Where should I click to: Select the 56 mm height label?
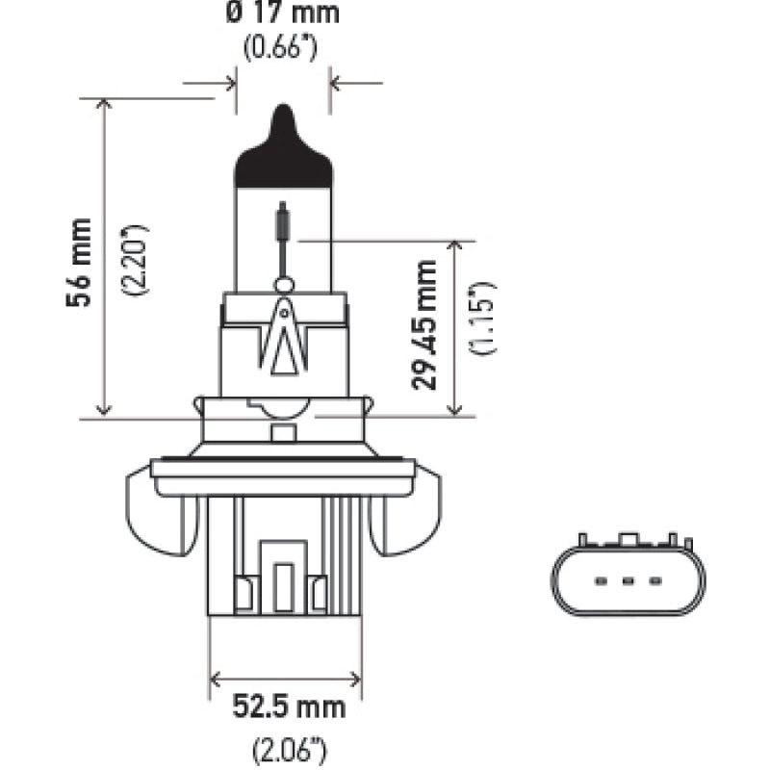[x=81, y=263]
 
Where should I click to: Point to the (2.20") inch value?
[x=135, y=262]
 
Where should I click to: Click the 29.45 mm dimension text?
[x=424, y=324]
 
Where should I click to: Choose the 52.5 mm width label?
[x=286, y=708]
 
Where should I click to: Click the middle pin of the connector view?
[x=628, y=581]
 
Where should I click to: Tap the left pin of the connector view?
[x=601, y=581]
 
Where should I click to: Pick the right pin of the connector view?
[x=654, y=581]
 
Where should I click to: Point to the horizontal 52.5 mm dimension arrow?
[x=286, y=677]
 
